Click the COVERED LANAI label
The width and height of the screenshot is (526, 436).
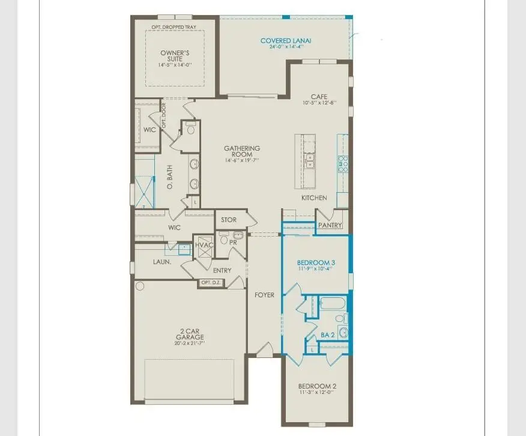click(x=286, y=41)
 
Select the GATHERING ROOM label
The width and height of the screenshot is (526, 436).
click(x=242, y=150)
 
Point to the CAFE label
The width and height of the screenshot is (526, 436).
click(x=318, y=97)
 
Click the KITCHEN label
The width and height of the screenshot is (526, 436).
click(x=314, y=198)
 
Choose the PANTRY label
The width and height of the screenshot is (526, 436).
click(x=330, y=225)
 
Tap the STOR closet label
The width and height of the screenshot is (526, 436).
click(x=229, y=220)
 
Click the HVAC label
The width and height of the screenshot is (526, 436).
click(x=202, y=245)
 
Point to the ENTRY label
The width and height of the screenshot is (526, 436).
click(x=222, y=270)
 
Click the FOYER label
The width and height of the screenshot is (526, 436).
click(x=264, y=295)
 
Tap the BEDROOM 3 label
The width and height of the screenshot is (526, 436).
click(x=316, y=262)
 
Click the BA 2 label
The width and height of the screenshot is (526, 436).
click(x=327, y=335)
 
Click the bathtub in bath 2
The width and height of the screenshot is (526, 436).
click(x=331, y=303)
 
